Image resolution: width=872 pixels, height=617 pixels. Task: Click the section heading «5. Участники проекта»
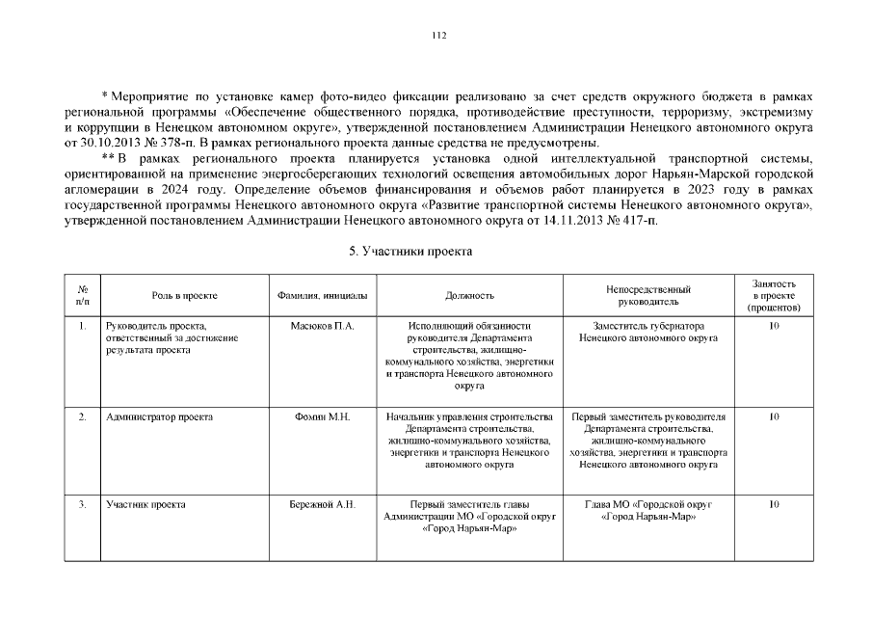click(x=410, y=251)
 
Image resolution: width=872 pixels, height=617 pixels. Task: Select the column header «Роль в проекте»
click(x=184, y=295)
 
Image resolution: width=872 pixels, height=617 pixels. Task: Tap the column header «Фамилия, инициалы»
click(x=322, y=295)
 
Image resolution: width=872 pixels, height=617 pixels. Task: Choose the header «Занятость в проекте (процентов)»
click(x=774, y=295)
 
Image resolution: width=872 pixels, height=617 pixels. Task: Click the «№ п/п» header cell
click(x=83, y=295)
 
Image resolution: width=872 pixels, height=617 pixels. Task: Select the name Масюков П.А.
click(x=322, y=326)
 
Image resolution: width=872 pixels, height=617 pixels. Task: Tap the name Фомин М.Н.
click(x=322, y=416)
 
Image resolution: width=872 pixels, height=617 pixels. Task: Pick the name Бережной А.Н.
click(x=322, y=504)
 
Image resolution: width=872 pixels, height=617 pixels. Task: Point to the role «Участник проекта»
click(x=145, y=504)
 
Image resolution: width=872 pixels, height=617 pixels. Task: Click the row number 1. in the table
click(x=83, y=326)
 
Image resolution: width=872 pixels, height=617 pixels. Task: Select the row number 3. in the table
click(x=83, y=504)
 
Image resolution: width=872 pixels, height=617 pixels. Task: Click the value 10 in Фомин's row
click(x=774, y=416)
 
